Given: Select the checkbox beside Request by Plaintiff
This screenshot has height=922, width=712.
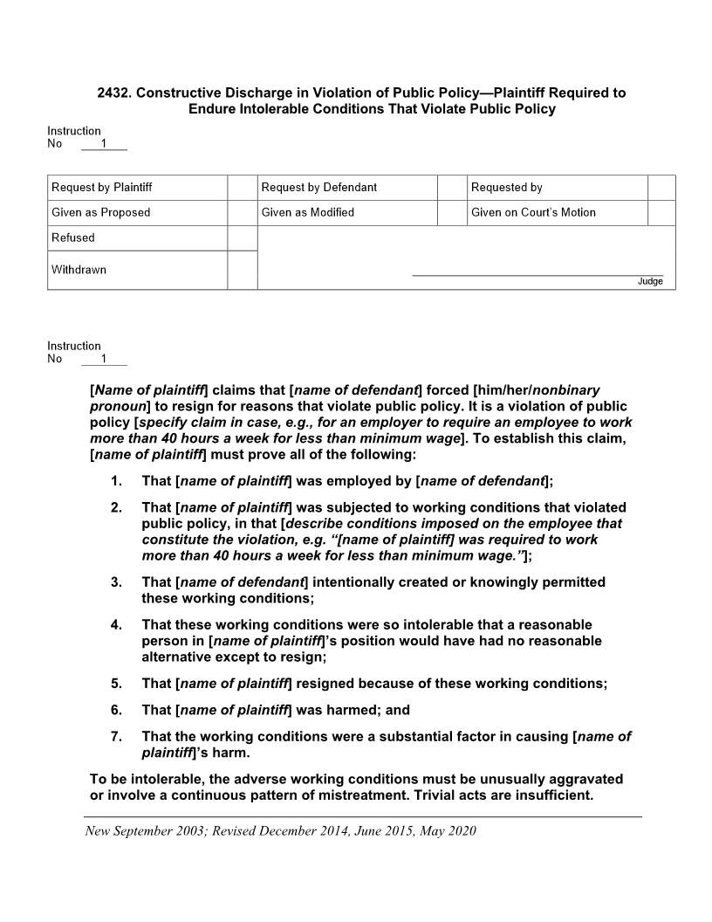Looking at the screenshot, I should click(242, 188).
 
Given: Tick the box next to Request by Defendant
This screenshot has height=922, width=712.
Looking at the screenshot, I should click(451, 188).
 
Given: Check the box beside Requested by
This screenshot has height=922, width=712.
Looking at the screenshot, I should click(661, 188).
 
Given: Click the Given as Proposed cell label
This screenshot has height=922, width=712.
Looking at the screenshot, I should click(101, 212).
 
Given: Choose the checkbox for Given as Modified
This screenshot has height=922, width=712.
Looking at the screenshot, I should click(451, 212).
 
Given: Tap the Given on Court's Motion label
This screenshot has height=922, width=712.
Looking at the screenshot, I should click(533, 212).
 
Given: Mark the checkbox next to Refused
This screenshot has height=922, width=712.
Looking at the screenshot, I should click(242, 237).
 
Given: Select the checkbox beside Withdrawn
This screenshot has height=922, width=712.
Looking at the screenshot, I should click(242, 270).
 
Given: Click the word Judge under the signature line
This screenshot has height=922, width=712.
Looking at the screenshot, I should click(650, 282).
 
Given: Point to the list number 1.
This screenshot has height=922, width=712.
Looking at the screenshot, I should click(115, 481).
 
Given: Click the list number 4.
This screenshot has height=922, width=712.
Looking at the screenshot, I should click(115, 625).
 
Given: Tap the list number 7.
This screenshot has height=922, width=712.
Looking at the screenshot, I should click(115, 737).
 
